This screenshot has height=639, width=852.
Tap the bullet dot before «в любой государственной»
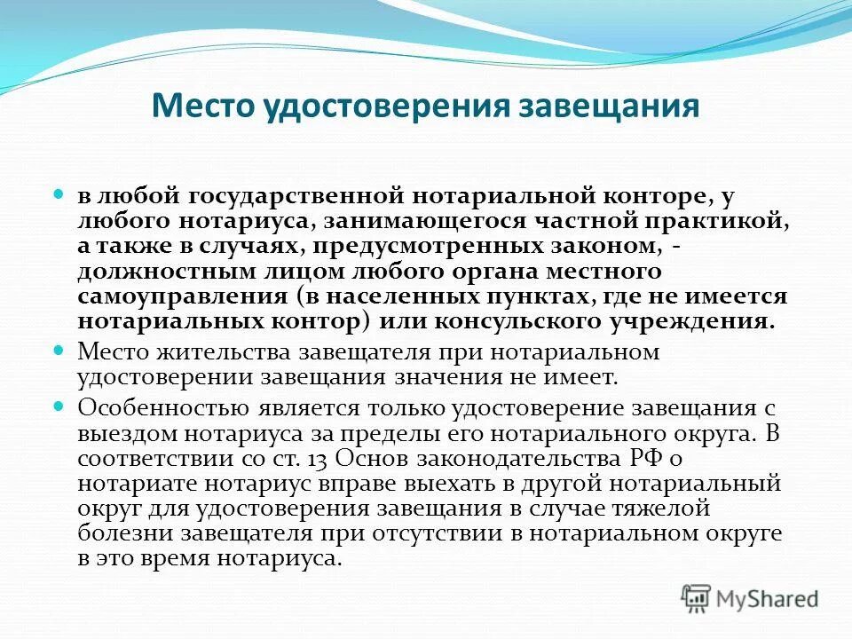pos(60,193)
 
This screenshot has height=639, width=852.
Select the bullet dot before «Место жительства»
pos(60,351)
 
